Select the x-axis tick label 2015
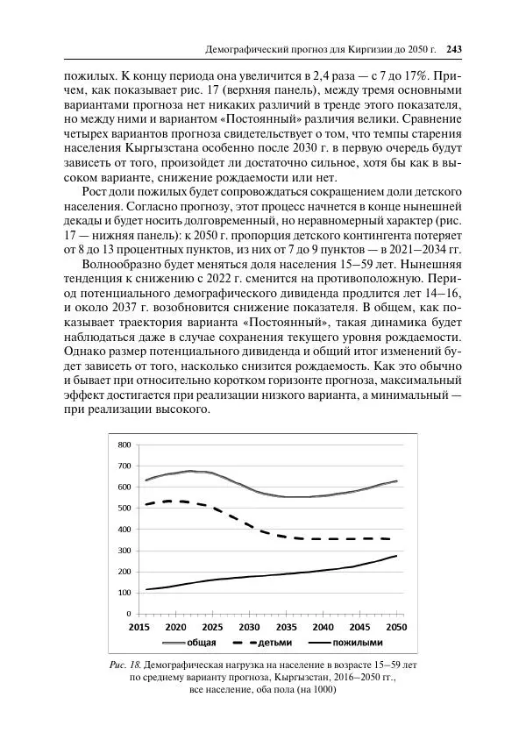click(x=138, y=629)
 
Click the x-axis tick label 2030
click(x=248, y=629)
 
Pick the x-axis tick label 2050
click(x=395, y=629)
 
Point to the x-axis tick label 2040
click(x=322, y=629)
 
